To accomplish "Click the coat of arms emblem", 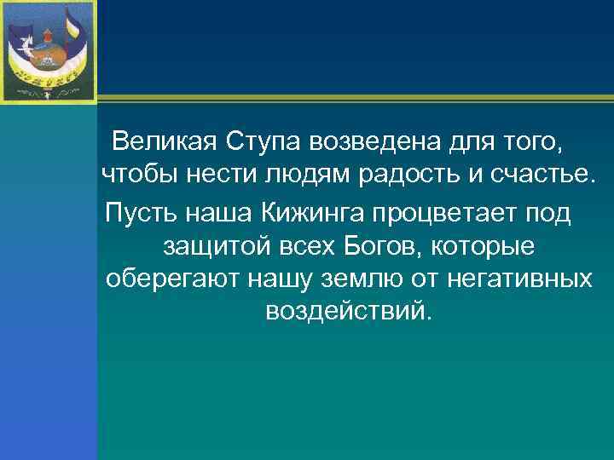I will (x=48, y=49).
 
